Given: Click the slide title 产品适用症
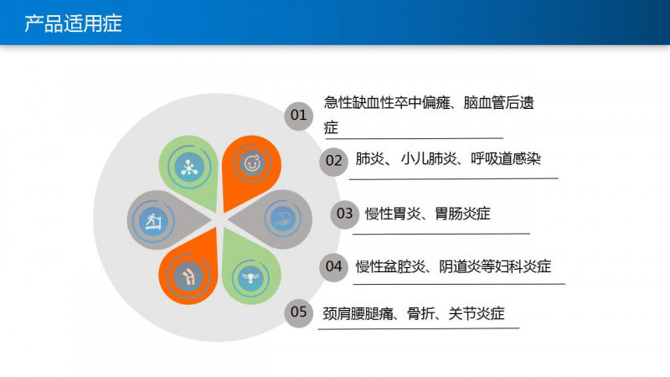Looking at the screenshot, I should (74, 23).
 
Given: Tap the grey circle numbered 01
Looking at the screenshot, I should (298, 115).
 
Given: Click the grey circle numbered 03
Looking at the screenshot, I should (344, 214).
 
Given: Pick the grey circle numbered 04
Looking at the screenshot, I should (333, 267).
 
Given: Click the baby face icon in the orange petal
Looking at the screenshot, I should (251, 163).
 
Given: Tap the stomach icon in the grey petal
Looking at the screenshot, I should (281, 220).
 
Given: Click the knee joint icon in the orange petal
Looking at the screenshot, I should (191, 274).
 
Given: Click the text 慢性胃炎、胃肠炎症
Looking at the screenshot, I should (427, 214).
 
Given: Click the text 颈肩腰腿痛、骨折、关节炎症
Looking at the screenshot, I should (415, 314).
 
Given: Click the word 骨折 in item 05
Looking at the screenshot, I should (420, 314).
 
